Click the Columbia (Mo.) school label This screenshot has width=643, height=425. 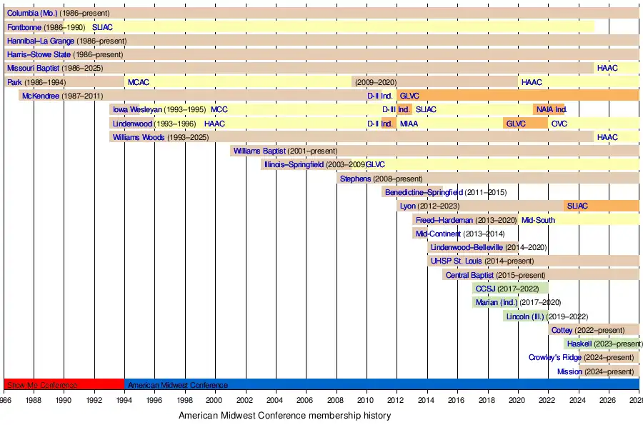point(31,14)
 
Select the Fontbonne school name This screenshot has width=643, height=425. point(25,27)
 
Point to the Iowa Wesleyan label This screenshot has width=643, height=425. point(138,110)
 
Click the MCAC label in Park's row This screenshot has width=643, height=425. point(138,82)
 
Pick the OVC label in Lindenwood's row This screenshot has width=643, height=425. point(559,124)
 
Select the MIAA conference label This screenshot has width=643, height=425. point(409,124)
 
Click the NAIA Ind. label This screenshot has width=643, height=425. point(551,110)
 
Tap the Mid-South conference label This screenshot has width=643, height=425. point(538,220)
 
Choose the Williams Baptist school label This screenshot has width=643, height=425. point(259,151)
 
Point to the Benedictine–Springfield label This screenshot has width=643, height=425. point(424,193)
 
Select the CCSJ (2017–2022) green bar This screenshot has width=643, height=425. point(510,289)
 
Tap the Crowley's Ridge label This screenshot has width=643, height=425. point(555,358)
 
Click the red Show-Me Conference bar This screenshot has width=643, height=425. point(64,385)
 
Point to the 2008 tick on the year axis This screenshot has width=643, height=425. point(337,401)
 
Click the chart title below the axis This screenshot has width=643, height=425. point(284,415)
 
